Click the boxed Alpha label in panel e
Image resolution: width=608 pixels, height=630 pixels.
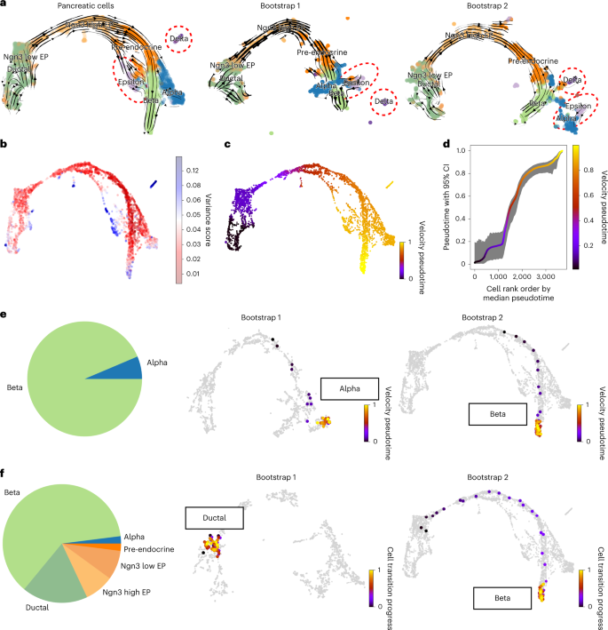342,388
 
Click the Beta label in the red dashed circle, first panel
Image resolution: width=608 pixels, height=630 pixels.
204,38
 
